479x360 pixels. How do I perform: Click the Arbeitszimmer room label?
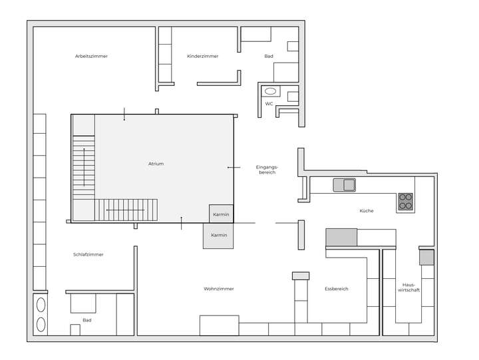91,57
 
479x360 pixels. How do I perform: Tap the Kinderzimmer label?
202,57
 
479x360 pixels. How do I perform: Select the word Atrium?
156,164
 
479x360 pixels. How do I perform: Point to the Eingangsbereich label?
265,170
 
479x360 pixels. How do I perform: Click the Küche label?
366,211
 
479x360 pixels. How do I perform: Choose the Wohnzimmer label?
218,289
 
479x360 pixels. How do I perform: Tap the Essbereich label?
336,289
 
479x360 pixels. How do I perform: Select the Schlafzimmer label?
88,255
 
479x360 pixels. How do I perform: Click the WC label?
269,104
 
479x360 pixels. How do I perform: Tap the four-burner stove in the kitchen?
405,202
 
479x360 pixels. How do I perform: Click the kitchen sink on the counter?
344,185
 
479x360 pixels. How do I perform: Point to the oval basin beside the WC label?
271,91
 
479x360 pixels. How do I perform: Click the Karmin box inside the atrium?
221,214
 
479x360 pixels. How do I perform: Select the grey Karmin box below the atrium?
219,236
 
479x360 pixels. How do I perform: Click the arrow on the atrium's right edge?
232,167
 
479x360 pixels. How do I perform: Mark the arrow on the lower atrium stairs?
125,210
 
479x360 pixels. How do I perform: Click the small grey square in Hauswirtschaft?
426,258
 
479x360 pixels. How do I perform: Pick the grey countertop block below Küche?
341,237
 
